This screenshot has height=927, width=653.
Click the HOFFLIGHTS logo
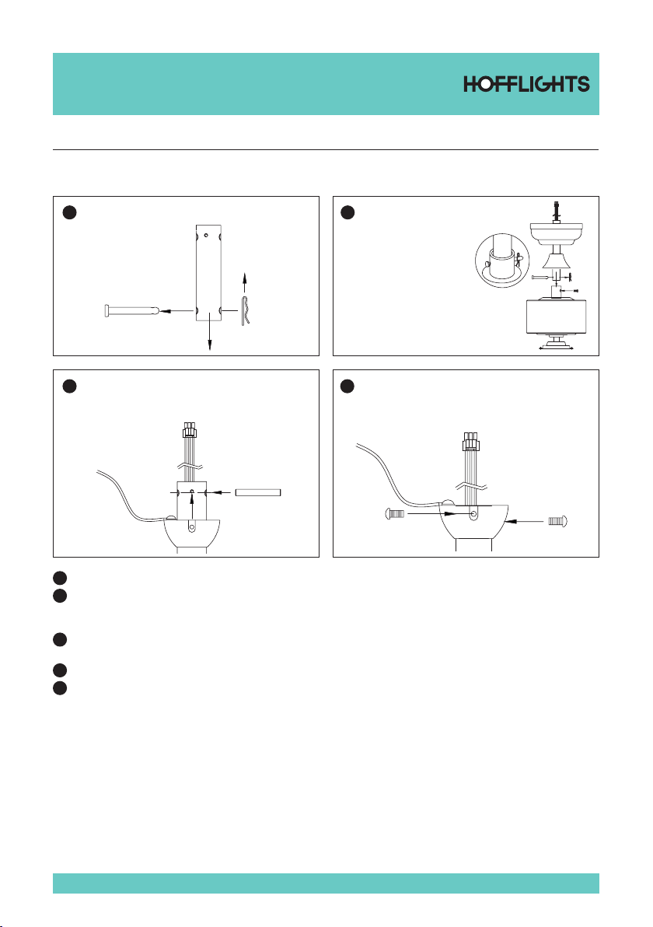pos(526,84)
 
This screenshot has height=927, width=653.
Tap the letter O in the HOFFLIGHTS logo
pos(484,84)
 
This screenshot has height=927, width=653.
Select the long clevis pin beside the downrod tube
pos(131,310)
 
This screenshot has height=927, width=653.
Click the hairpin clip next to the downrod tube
pos(246,310)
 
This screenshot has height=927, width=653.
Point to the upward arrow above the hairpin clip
pos(245,282)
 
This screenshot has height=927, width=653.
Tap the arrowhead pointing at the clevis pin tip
pos(164,310)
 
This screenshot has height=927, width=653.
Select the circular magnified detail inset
pos(501,260)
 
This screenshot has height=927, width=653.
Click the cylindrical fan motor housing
pos(555,317)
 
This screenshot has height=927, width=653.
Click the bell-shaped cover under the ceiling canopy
pos(556,259)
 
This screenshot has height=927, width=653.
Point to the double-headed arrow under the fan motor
pos(556,349)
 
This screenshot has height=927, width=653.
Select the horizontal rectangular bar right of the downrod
pos(257,491)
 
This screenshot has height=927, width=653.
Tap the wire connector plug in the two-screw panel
pos(470,441)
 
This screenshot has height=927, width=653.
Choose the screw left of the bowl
pos(395,514)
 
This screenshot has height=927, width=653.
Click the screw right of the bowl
pos(558,521)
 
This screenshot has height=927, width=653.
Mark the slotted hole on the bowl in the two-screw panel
pos(473,514)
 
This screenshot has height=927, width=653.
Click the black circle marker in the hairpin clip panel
pos(70,213)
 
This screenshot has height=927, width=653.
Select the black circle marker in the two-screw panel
pos(347,386)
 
